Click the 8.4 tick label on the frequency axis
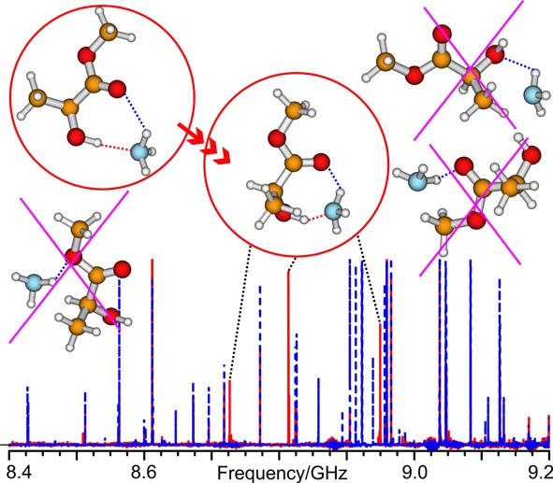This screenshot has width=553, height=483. pos(16,472)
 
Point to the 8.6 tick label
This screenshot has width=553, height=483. pos(143,472)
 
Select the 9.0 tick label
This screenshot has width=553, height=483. pos(414,472)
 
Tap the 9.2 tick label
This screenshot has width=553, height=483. pos(542,472)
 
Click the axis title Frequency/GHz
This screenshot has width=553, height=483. pos(283,474)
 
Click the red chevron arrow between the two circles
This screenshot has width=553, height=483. pos(203,143)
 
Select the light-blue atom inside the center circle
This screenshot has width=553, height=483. pos(333,211)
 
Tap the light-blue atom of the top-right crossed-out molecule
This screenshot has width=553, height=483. pos(532,95)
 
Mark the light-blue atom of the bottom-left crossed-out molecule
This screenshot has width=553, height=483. pos(34,282)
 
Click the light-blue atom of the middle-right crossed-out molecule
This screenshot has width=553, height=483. pos(417,180)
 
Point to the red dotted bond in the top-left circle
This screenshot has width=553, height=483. pos(115,148)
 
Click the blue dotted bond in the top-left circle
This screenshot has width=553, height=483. pos(135,111)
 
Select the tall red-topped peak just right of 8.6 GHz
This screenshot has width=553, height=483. pos(153,351)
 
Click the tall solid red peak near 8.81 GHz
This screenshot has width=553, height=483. pos(288,357)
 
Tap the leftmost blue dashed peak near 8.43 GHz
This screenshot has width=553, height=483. pos(27,415)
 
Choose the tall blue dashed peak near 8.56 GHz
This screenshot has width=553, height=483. pos(119,362)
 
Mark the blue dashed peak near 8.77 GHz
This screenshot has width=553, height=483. pos(260,364)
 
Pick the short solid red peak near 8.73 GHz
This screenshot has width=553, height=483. pos(230,411)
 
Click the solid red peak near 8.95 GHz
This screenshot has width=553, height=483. pos(380,383)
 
